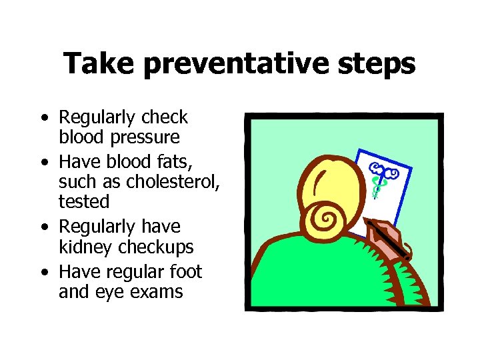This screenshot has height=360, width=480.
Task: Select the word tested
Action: click(x=84, y=200)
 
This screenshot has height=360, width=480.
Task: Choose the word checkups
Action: click(x=155, y=247)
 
